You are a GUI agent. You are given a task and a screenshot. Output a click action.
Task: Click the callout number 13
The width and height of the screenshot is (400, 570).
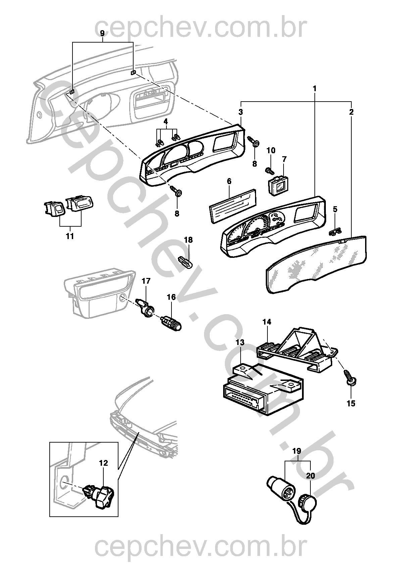pos(240,342)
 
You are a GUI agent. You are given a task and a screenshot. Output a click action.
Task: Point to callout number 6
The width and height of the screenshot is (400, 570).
pos(229,181)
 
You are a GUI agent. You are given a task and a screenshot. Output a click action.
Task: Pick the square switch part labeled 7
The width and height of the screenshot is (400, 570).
pos(278,185)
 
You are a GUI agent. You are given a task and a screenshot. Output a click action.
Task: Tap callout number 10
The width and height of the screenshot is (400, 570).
pos(271,151)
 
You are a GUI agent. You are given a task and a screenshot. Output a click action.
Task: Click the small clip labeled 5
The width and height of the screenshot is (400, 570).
pos(335,231)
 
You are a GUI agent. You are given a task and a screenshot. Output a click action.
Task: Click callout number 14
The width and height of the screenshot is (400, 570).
pos(267,322)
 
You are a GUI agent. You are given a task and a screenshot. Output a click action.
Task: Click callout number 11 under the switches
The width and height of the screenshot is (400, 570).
pos(69,236)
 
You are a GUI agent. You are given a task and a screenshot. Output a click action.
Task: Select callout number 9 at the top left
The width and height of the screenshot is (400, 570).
pos(103,33)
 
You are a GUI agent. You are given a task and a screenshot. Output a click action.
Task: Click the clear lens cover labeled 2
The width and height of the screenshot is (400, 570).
pos(315,265)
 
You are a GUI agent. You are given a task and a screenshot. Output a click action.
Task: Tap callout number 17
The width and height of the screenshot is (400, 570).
pos(146,281)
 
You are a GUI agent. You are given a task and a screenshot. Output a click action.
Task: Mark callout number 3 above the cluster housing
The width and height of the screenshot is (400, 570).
pos(241,111)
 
